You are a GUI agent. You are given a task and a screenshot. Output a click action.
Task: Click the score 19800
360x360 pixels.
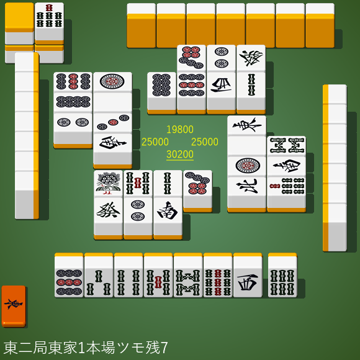[x=180, y=130]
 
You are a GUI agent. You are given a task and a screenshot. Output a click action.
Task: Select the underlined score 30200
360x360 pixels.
[x=180, y=155]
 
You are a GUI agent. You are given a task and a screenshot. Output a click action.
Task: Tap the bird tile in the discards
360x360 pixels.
[x=108, y=184]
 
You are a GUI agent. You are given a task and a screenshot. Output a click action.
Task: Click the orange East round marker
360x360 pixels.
[x=14, y=306]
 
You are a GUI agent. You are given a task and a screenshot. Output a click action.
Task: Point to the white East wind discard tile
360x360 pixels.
[x=246, y=126]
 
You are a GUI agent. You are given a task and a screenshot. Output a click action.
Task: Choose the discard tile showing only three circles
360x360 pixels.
[x=112, y=122]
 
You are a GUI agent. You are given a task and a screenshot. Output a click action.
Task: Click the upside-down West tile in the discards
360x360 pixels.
[x=221, y=86]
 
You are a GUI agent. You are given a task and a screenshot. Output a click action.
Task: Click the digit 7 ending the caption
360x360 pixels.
[x=164, y=348]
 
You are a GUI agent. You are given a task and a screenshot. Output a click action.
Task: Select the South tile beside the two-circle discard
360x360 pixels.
[x=168, y=211]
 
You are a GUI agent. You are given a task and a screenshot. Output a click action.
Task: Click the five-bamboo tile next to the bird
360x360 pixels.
[x=138, y=184]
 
